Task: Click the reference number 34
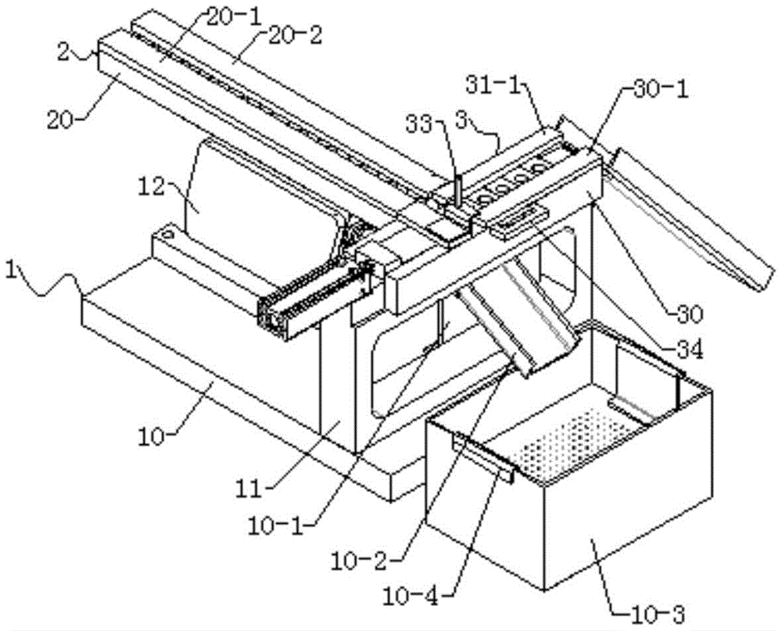tap(690, 350)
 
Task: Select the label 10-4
tap(411, 596)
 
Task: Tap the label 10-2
tap(359, 563)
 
